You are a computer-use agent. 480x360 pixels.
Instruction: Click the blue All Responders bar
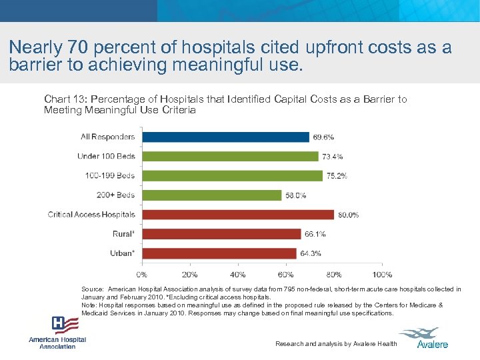(x=225, y=137)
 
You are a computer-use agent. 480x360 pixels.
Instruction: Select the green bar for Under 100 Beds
(x=230, y=157)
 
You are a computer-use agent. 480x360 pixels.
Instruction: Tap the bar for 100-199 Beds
(x=232, y=176)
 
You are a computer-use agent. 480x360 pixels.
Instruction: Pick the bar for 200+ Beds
(x=211, y=195)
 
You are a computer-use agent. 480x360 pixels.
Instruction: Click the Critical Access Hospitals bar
(x=238, y=215)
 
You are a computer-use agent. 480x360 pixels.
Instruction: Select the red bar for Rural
(x=221, y=234)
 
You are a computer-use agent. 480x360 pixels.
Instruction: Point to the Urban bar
(x=219, y=253)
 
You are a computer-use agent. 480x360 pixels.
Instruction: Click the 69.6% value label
(x=323, y=137)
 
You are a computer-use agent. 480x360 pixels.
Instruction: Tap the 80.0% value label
(x=348, y=215)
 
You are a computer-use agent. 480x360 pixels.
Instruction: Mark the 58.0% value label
(x=295, y=196)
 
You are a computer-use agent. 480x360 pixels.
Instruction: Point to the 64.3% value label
(x=311, y=254)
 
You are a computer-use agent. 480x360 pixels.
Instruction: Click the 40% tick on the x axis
(x=237, y=275)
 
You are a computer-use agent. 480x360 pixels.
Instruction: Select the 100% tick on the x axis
(x=382, y=275)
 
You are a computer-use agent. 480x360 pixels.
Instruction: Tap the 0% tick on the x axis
(x=142, y=275)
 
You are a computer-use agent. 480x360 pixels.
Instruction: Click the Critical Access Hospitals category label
(x=91, y=215)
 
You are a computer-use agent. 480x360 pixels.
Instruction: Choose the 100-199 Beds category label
(x=110, y=176)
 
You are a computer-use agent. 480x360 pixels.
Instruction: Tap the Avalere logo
(x=427, y=337)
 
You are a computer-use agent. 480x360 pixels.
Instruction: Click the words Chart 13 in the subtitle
(x=61, y=99)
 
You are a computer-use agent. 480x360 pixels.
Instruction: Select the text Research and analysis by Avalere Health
(x=336, y=344)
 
